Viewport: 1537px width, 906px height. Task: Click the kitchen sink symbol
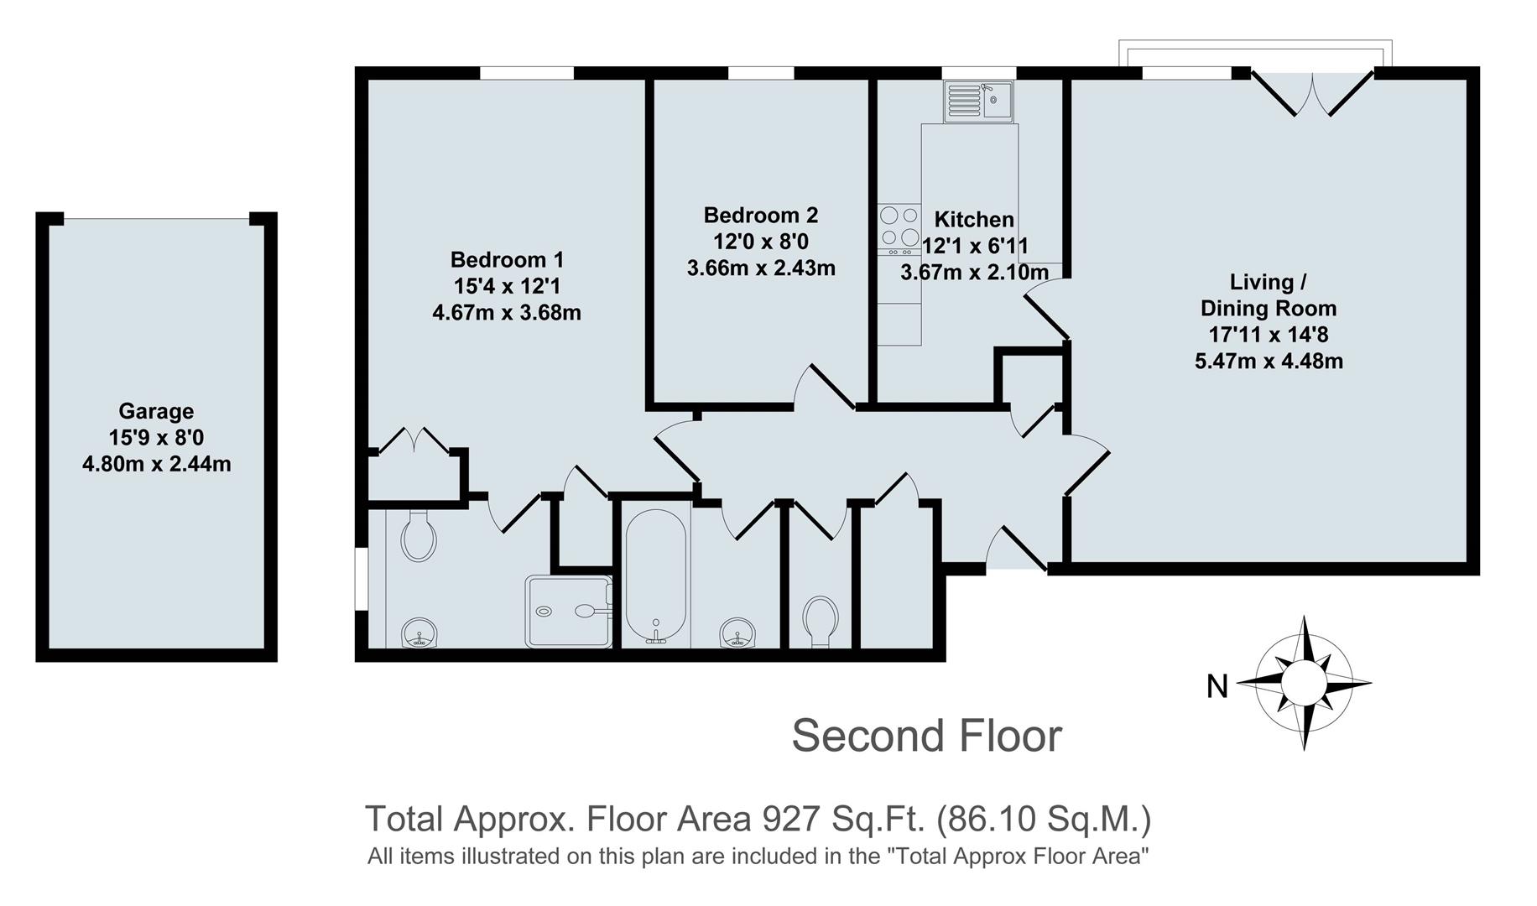978,102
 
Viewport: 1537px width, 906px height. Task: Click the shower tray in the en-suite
567,611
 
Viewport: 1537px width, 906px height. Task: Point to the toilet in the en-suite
419,537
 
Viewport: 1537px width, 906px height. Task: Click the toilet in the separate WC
820,622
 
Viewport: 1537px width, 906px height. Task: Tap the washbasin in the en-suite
419,633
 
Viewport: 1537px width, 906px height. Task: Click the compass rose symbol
1304,683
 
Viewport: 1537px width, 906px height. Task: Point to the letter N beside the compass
1217,687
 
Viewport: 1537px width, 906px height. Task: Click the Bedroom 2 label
760,216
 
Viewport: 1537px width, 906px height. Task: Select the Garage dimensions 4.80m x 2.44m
156,463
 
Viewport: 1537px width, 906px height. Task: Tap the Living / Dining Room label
1268,294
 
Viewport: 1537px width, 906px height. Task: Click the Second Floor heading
926,736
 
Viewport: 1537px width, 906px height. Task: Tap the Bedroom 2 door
826,387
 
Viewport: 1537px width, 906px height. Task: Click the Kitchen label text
973,220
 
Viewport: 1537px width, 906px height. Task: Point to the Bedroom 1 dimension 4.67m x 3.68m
506,313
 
